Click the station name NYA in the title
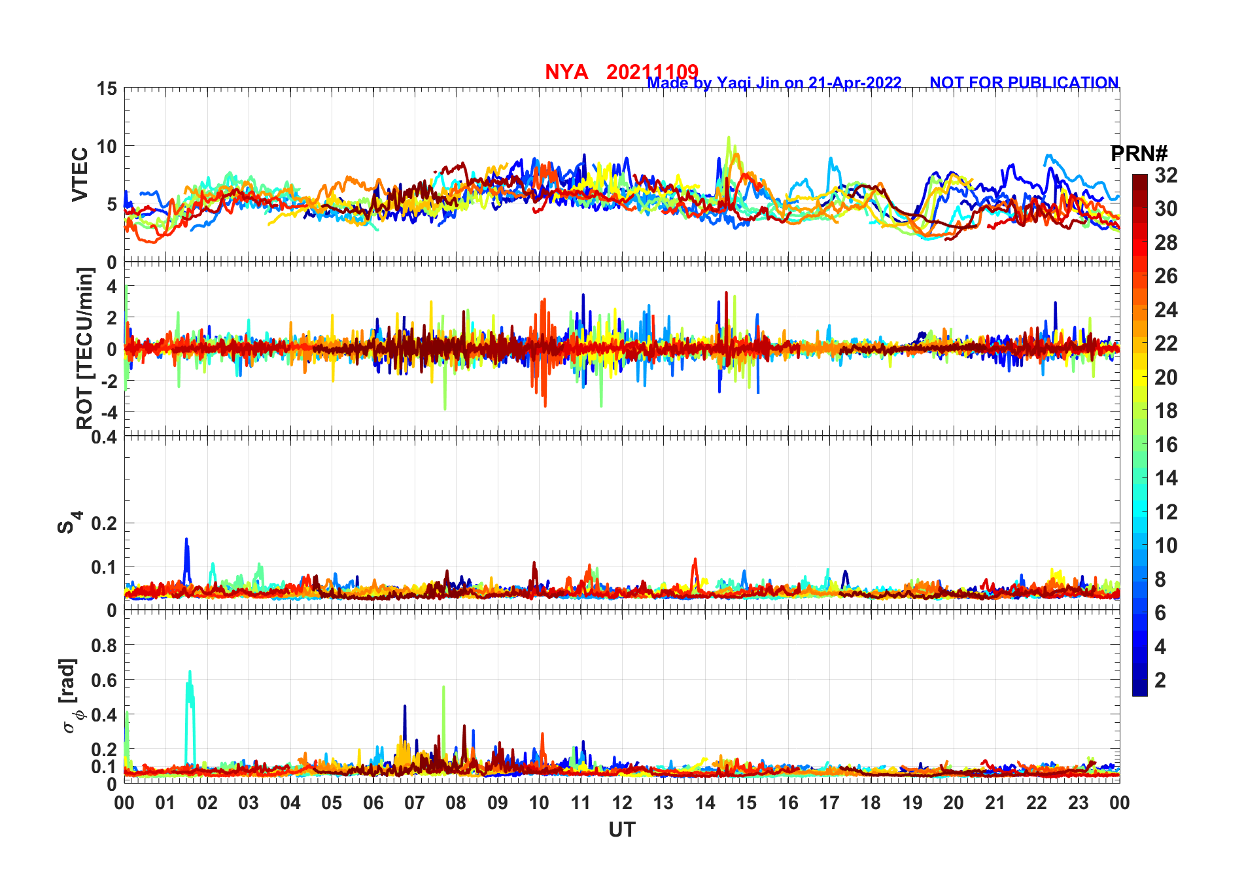tap(566, 72)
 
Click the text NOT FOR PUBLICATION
tap(1024, 83)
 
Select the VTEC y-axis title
tap(80, 174)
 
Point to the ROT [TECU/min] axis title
tap(85, 348)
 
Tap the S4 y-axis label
tap(69, 523)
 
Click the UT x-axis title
tap(621, 829)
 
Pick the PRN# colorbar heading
tap(1139, 154)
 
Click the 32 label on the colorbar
tap(1166, 175)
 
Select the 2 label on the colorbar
tap(1160, 680)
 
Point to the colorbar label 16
tap(1166, 445)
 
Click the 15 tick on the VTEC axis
tap(107, 89)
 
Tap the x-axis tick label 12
tap(621, 803)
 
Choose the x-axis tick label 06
tap(373, 803)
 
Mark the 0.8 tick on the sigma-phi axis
tap(105, 645)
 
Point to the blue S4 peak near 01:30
tap(186, 540)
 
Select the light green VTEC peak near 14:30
tap(729, 139)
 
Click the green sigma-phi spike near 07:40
tap(443, 688)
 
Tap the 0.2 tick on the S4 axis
tap(105, 523)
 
